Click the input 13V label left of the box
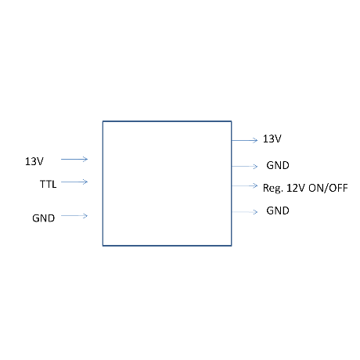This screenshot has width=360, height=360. [x=34, y=161]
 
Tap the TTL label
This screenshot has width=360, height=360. [x=49, y=184]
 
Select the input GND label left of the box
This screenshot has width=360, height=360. [x=44, y=218]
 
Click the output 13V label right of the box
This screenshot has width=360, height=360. [x=272, y=139]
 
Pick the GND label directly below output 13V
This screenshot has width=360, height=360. [x=278, y=165]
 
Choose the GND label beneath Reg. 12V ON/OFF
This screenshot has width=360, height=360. [x=278, y=211]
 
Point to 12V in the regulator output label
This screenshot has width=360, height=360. [x=296, y=188]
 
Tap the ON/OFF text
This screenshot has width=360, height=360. [x=328, y=188]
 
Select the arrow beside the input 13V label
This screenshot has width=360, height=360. [x=74, y=159]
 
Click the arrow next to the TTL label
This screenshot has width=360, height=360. [x=74, y=182]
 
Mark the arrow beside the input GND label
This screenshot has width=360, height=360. [x=74, y=216]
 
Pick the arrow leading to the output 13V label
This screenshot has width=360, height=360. [x=245, y=140]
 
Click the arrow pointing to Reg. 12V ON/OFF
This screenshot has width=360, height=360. [x=245, y=185]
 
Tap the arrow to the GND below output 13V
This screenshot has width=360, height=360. [x=245, y=166]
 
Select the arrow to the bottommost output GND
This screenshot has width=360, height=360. [x=245, y=212]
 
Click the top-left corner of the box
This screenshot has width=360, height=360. [x=103, y=121]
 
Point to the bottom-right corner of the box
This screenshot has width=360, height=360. [x=232, y=246]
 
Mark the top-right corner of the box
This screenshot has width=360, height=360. [x=232, y=121]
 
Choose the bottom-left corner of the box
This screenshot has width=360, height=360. [x=103, y=246]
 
